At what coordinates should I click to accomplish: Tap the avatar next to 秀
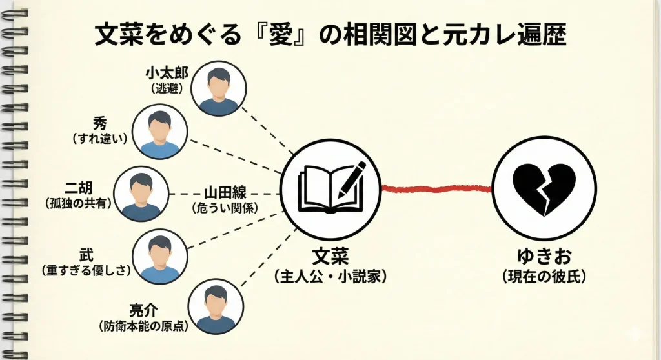pos(159,132)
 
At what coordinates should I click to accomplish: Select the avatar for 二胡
pos(141,194)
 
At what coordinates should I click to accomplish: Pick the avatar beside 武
pos(159,256)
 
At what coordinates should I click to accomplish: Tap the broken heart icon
pos(543,188)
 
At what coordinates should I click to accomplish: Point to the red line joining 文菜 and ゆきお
pos(436,188)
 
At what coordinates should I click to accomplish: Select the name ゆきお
pos(543,257)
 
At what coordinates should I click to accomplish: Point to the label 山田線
pos(224,193)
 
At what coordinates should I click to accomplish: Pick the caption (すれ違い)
pos(99,138)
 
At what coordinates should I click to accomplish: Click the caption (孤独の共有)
pos(79,203)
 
